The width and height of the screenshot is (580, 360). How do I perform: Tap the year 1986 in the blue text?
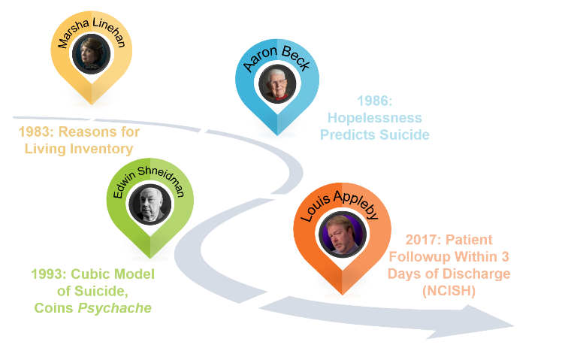[x=373, y=101]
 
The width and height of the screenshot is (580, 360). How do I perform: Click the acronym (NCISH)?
[x=449, y=290]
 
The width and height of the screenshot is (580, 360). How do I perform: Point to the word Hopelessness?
[x=374, y=118]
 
